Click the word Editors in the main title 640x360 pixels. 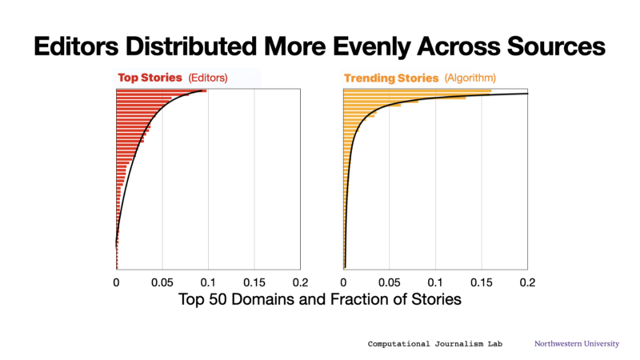point(76,46)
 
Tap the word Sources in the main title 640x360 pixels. point(556,46)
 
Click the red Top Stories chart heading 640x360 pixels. point(150,78)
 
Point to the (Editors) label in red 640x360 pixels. point(208,78)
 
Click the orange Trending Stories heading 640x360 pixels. point(391,78)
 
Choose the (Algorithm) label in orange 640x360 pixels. point(470,78)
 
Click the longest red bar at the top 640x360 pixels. point(162,91)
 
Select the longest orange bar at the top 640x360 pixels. point(418,91)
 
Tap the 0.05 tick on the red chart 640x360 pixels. point(162,282)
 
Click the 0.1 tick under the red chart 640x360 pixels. point(208,282)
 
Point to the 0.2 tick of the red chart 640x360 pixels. point(301,282)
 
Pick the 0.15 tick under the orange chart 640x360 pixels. point(482,282)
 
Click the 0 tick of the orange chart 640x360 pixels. point(343,282)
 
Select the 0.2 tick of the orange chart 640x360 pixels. point(527,282)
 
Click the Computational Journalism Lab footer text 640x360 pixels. point(434,344)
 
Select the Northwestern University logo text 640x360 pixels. point(577,344)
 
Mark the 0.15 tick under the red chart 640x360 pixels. point(254,282)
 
